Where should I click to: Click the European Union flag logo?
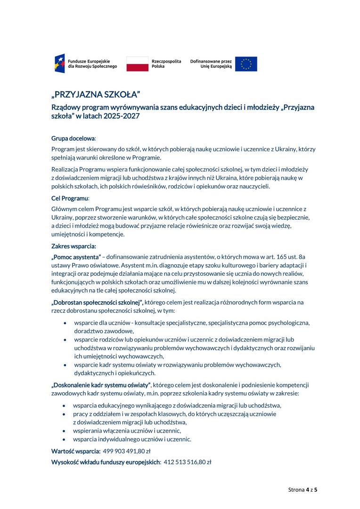click(246, 64)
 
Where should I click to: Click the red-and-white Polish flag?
click(137, 64)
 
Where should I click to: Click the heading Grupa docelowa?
click(73, 139)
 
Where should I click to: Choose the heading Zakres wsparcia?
click(74, 246)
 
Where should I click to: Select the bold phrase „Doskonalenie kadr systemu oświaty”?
click(101, 385)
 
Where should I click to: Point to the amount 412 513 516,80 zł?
click(187, 462)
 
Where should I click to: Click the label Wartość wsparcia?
click(76, 451)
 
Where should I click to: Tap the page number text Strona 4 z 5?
click(303, 490)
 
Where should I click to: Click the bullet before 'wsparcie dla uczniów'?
click(65, 323)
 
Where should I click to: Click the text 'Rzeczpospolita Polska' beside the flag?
click(166, 64)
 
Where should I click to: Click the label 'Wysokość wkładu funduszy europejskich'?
click(106, 462)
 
